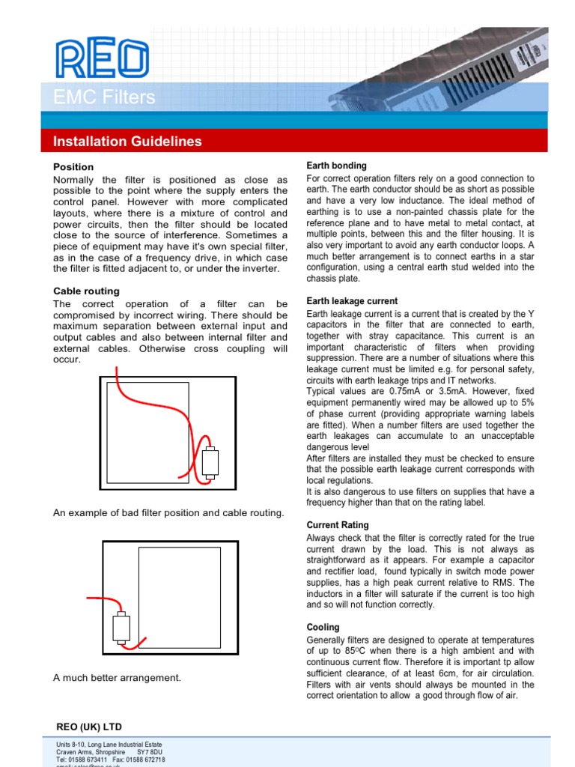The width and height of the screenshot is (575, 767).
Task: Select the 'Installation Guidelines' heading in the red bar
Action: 127,142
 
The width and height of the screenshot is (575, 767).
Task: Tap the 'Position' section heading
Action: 73,167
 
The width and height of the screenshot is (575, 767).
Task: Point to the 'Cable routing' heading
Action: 86,291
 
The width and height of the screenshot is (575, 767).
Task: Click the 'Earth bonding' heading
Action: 336,166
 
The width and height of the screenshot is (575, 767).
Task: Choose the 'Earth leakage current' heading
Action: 352,301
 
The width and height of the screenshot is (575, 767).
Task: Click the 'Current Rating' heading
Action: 338,526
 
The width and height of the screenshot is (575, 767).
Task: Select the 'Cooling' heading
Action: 323,628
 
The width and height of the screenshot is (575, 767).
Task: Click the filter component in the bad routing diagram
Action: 210,462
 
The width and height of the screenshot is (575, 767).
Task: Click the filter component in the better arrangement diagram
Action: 120,628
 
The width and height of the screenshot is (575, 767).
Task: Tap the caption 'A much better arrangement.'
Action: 117,678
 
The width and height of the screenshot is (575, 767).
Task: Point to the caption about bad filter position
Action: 168,513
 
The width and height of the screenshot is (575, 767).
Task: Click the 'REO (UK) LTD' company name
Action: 89,727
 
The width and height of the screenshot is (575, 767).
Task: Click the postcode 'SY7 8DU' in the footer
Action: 150,751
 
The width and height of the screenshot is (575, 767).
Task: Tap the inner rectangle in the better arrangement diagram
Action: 180,597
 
